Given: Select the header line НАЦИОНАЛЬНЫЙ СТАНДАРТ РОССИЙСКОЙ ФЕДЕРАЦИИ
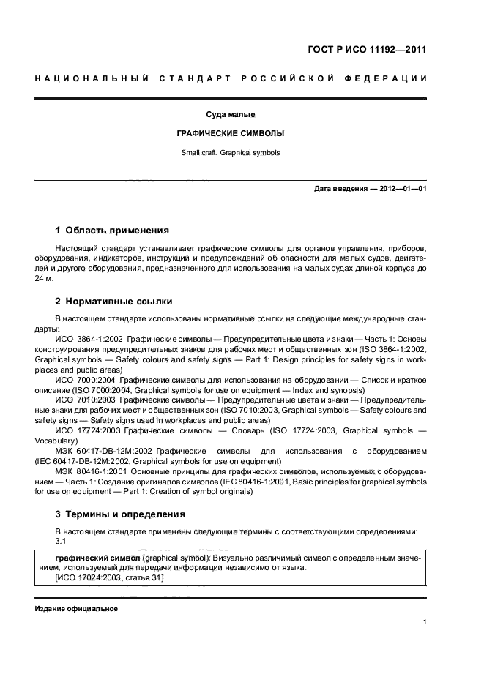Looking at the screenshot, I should (x=231, y=78).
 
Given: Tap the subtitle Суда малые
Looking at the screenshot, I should (x=231, y=115).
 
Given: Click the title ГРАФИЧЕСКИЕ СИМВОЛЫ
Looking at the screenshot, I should (x=231, y=134).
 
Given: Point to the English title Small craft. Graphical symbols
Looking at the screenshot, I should (x=231, y=153).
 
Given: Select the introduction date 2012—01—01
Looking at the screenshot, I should (x=403, y=189).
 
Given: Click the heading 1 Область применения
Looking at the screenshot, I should (x=112, y=230).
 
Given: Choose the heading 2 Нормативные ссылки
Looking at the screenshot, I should (x=114, y=301).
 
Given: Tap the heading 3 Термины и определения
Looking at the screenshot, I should (x=120, y=514).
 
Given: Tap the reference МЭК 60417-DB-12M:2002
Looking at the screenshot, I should (x=103, y=451).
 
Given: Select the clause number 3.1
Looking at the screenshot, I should (x=61, y=541).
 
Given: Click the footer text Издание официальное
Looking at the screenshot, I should (x=75, y=609).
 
